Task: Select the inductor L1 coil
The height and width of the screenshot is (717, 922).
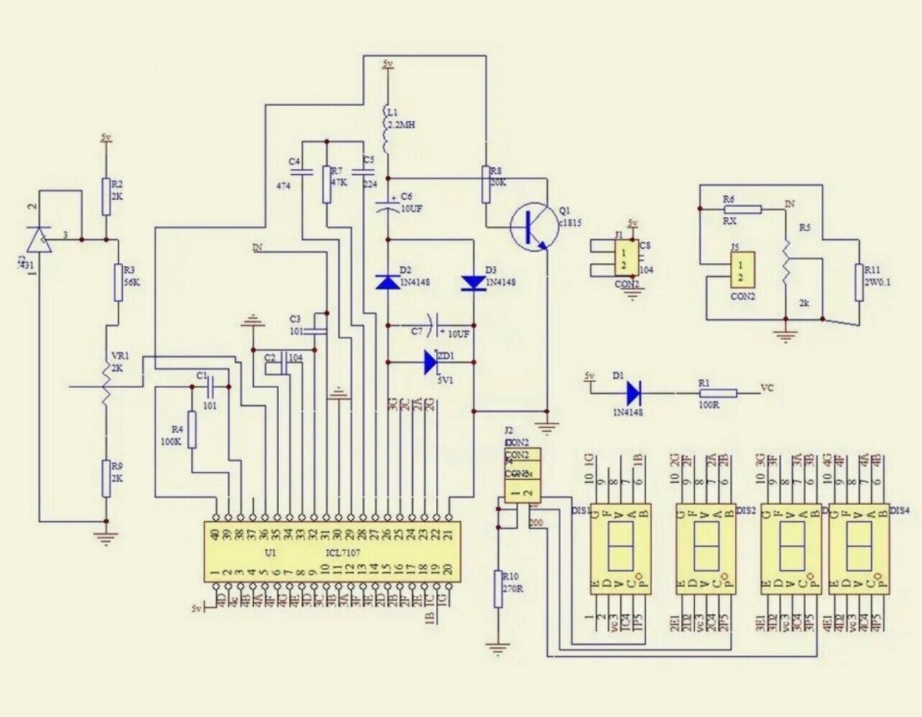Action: pos(388,129)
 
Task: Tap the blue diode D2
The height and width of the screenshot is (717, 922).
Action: pos(387,283)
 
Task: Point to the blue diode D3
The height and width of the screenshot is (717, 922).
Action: pos(474,283)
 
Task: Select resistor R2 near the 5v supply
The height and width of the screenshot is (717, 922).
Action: pos(106,196)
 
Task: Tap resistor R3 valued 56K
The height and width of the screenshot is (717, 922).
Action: pos(119,282)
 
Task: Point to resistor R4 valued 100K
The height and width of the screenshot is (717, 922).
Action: pos(191,429)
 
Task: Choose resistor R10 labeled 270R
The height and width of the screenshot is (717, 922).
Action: pos(497,589)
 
